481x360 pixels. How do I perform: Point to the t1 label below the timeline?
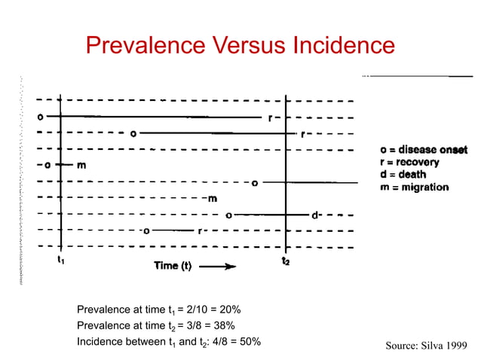60,261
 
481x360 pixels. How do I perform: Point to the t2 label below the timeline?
285,261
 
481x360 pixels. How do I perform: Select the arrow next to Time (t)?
218,265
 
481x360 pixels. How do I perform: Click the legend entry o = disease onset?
424,150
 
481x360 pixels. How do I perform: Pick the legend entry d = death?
403,174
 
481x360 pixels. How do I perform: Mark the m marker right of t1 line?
80,165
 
